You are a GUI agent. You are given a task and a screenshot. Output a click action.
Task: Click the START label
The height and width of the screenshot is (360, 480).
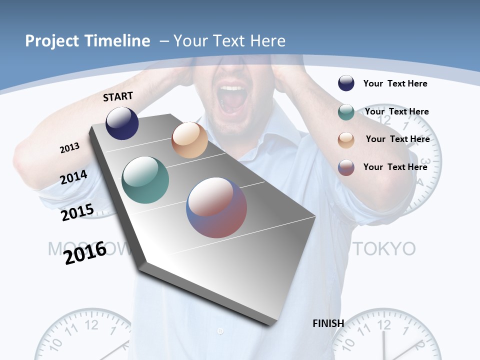coord(118,96)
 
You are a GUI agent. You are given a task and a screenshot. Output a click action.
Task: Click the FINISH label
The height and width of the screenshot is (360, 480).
coord(328,323)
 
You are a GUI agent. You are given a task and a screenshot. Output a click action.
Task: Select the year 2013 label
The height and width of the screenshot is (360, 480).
coord(69,148)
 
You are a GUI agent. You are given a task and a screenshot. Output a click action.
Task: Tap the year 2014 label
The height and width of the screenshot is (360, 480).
coord(74,177)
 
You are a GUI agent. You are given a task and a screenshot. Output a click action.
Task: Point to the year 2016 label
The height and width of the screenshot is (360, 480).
coord(85,252)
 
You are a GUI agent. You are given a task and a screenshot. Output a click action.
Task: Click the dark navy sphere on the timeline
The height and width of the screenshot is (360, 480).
coord(122,123)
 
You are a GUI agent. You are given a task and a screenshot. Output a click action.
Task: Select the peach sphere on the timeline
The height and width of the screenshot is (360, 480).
coord(189,140)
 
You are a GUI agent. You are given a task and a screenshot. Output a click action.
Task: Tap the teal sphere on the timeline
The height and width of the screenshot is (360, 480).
coord(145,180)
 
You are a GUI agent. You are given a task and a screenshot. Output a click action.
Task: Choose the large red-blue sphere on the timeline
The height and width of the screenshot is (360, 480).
coord(216,207)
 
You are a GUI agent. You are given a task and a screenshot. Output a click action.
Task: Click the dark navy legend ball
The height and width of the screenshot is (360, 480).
coord(346,83)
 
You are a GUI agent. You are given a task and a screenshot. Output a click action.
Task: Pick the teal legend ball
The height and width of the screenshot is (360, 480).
coord(346,112)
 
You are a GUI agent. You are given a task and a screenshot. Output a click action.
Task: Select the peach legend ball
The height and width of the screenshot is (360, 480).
coord(346,140)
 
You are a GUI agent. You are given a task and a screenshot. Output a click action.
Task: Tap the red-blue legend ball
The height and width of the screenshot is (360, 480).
coord(346,167)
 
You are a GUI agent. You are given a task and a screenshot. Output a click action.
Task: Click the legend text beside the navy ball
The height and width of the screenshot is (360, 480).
coord(395,83)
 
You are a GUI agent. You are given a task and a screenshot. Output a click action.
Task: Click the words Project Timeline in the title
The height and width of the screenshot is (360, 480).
coord(87,41)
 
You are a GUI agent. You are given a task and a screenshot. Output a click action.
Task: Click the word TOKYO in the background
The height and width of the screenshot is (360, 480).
coord(384,248)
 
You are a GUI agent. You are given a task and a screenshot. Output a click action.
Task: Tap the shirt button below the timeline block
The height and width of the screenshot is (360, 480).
coord(220,331)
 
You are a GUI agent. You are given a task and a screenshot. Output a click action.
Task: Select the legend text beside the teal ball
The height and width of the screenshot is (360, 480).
coord(396,111)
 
